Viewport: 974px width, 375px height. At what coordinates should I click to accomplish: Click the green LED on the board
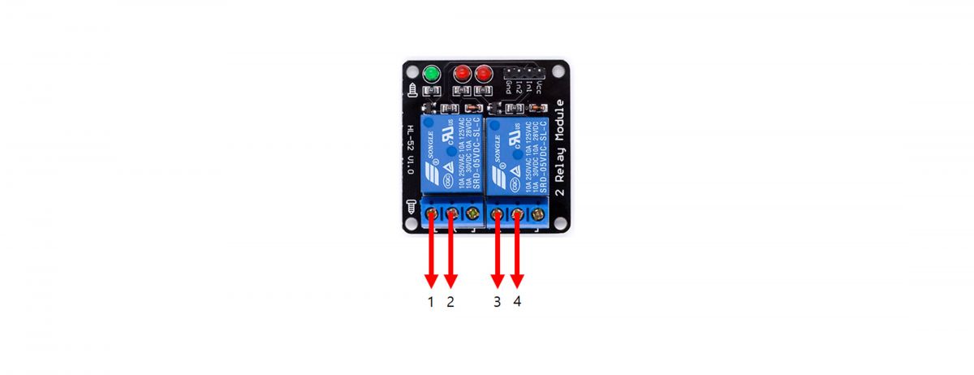[x=431, y=75]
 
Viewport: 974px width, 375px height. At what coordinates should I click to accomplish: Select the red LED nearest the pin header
[x=485, y=74]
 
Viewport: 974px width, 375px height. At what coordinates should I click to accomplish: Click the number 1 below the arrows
[x=431, y=302]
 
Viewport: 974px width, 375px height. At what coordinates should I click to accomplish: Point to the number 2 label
[x=450, y=302]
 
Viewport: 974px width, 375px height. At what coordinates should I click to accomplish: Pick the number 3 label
[x=498, y=302]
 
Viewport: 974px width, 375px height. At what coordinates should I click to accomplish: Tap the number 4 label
[x=517, y=302]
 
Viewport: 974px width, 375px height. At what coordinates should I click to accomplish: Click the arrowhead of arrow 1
[x=431, y=280]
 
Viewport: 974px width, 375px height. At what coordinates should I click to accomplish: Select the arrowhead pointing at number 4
[x=517, y=280]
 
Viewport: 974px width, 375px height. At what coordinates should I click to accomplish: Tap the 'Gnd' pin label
[x=508, y=84]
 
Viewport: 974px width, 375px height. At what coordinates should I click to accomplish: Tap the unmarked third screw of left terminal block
[x=473, y=214]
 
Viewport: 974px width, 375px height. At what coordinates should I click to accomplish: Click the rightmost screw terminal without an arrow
[x=538, y=214]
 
